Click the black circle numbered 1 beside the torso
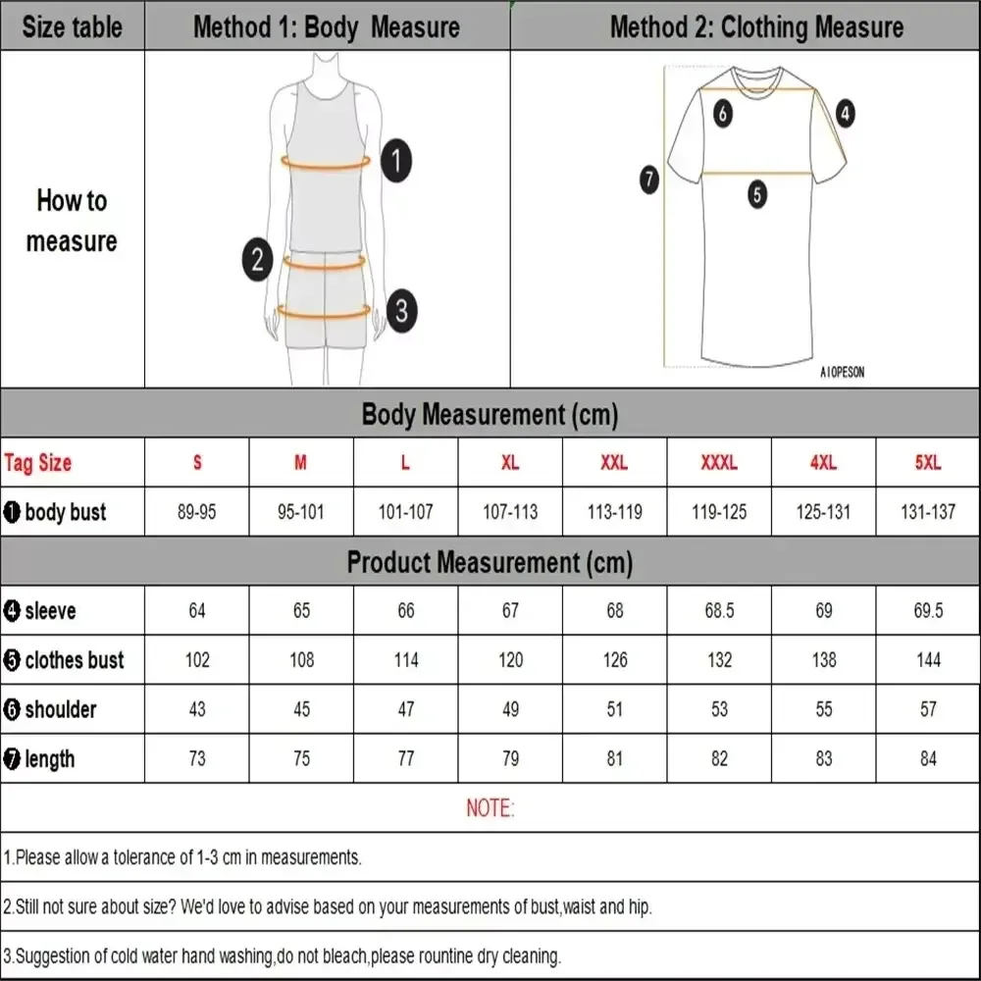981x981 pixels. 395,161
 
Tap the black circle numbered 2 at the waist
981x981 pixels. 257,260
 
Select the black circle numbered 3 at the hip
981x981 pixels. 401,312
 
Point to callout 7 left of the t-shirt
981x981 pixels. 648,180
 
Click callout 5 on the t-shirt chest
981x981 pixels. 757,194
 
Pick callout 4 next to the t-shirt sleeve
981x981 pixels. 845,113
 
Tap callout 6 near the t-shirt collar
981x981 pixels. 723,114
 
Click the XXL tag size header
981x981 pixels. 614,463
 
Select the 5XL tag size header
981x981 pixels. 928,463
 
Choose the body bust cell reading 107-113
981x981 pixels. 510,512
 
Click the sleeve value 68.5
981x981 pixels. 719,611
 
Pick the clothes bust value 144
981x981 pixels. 928,660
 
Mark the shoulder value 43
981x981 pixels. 197,709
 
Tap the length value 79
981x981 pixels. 510,758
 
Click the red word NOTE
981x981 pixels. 490,808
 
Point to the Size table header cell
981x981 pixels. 72,26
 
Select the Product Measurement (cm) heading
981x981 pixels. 490,562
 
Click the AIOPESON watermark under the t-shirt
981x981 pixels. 842,373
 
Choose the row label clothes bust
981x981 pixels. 65,660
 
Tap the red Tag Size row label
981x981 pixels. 38,463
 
